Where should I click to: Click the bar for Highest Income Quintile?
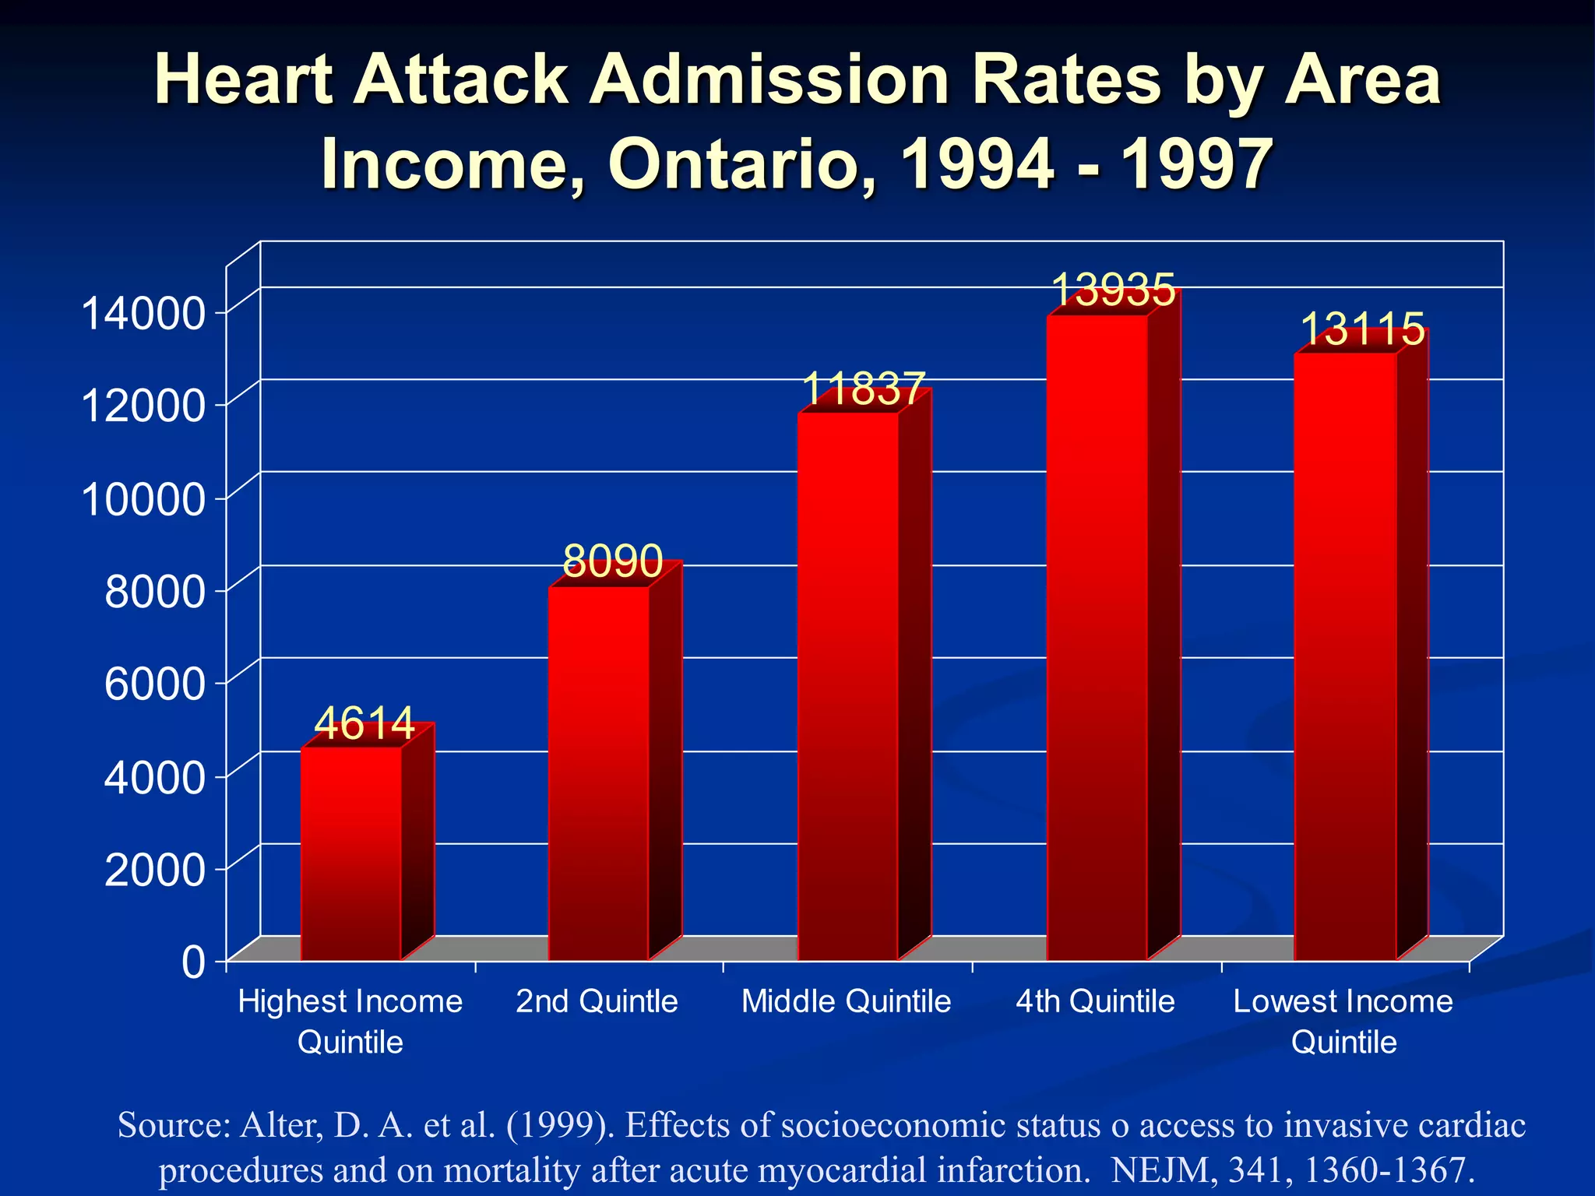coord(351,853)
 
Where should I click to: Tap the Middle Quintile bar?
coord(848,685)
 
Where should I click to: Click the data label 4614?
coord(364,723)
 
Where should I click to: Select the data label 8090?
coord(612,561)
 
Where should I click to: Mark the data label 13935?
coord(1112,290)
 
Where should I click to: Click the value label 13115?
coord(1361,329)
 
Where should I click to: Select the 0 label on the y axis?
coord(193,962)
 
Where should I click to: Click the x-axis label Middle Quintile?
coord(846,1001)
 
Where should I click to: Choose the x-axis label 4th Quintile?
coord(1094,1001)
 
